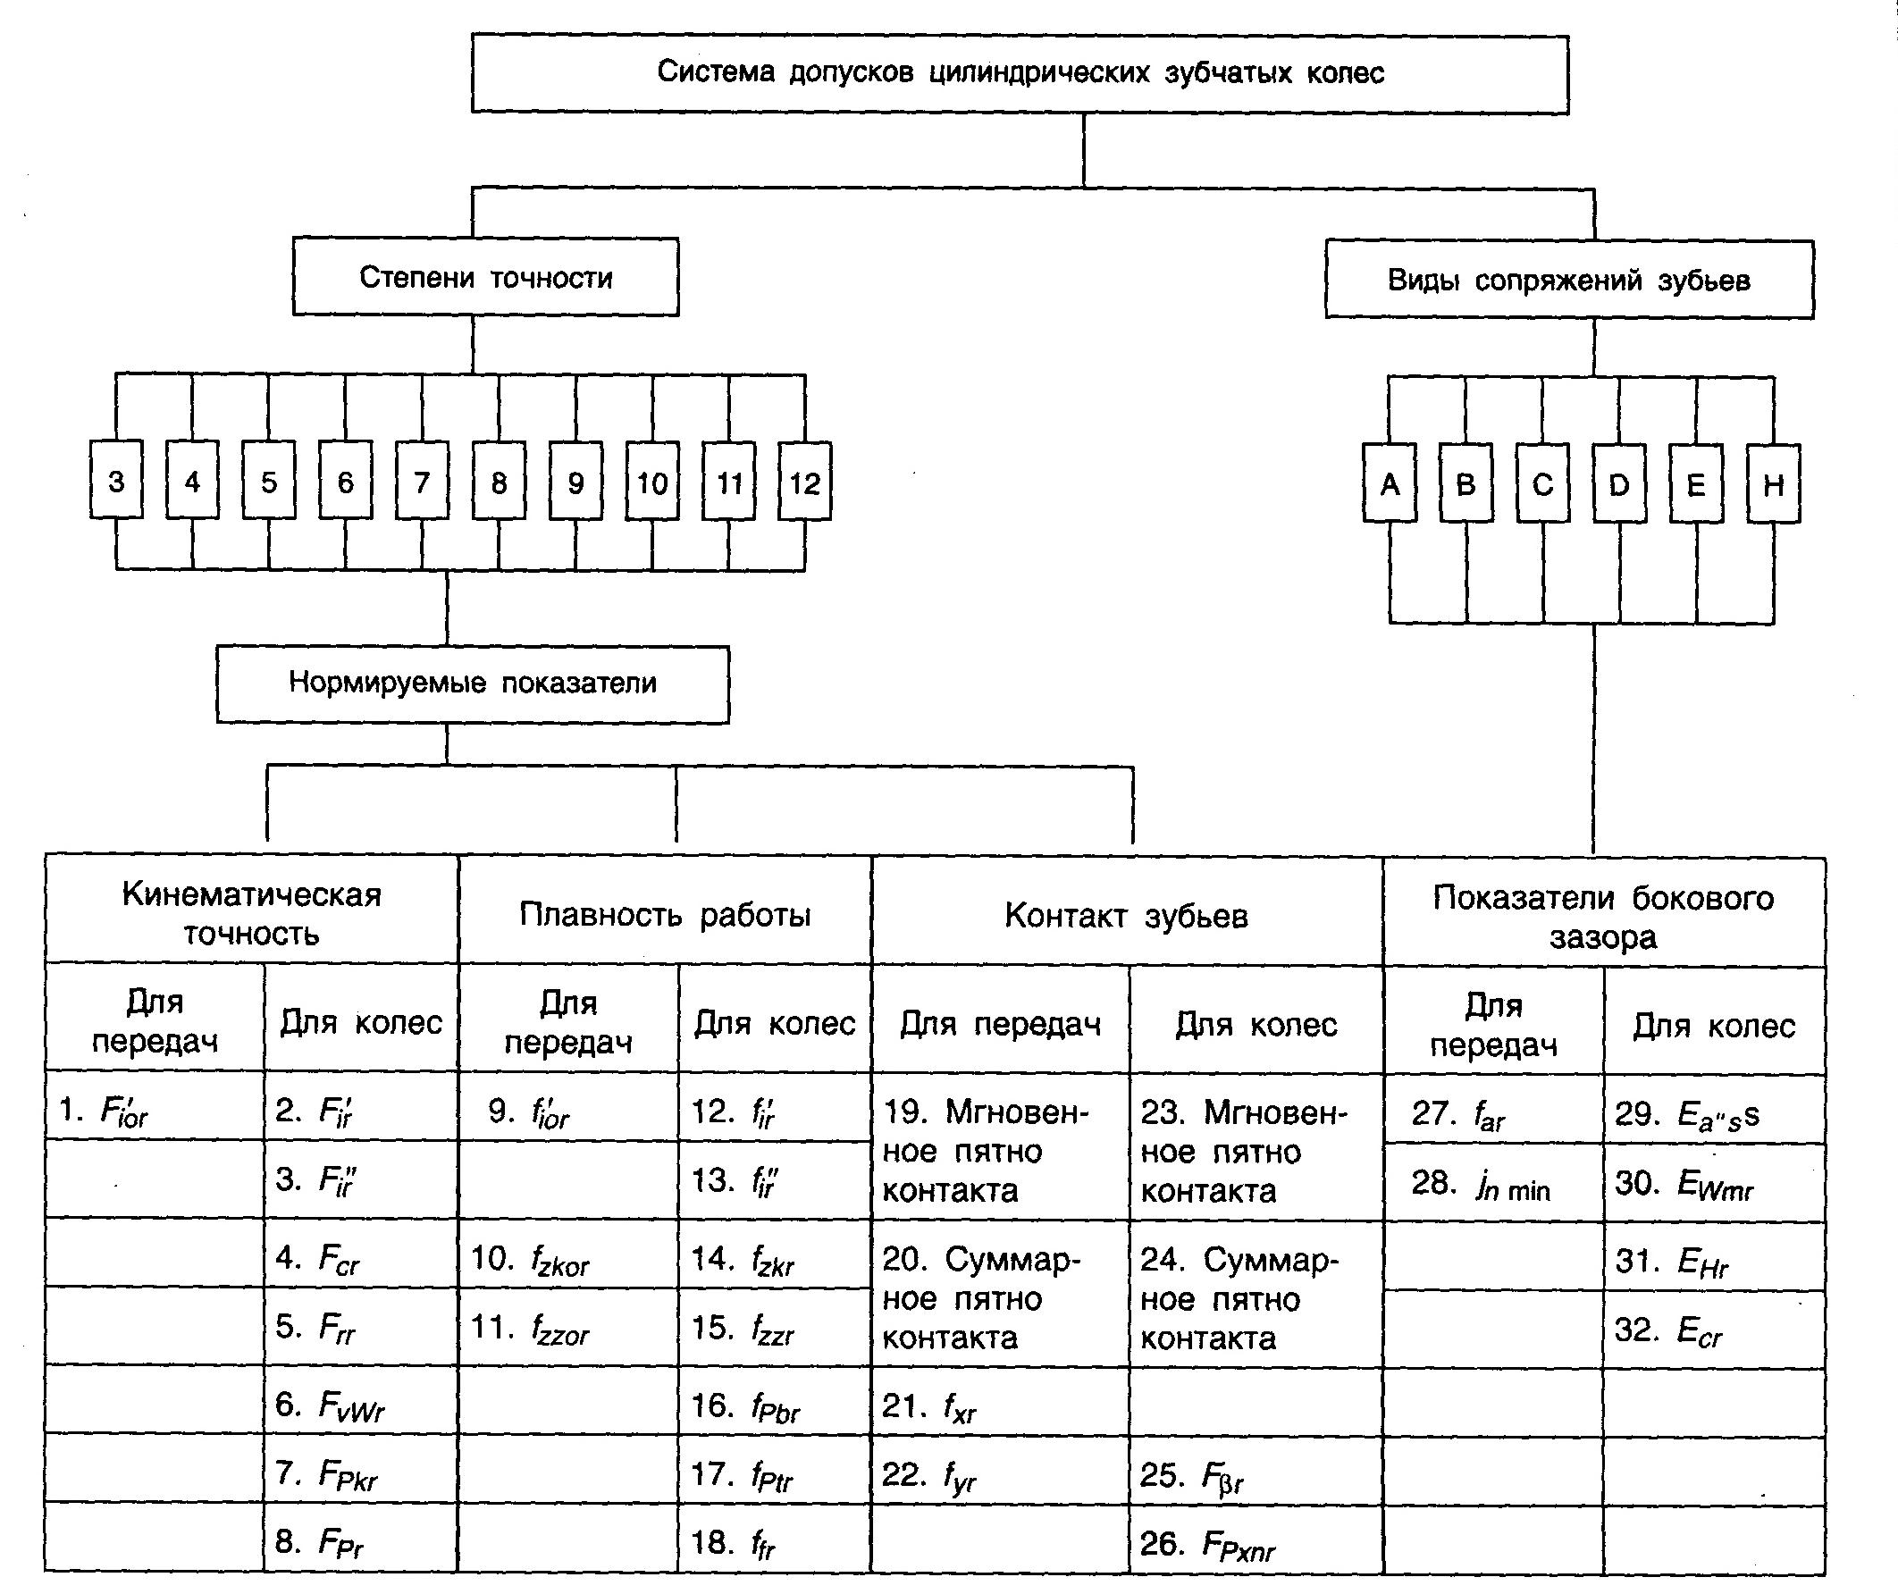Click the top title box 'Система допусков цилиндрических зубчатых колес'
(x=1020, y=73)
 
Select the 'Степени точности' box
(x=485, y=276)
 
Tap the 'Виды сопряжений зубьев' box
(x=1569, y=281)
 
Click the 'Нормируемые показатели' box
(x=473, y=684)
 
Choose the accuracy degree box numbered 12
(x=804, y=482)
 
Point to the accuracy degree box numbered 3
(x=115, y=481)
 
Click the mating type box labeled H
(x=1773, y=485)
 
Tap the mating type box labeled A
(x=1390, y=484)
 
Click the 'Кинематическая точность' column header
(x=251, y=911)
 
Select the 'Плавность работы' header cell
(x=665, y=914)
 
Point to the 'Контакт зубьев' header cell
(x=1126, y=915)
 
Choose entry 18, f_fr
(x=733, y=1542)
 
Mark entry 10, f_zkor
(x=531, y=1259)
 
